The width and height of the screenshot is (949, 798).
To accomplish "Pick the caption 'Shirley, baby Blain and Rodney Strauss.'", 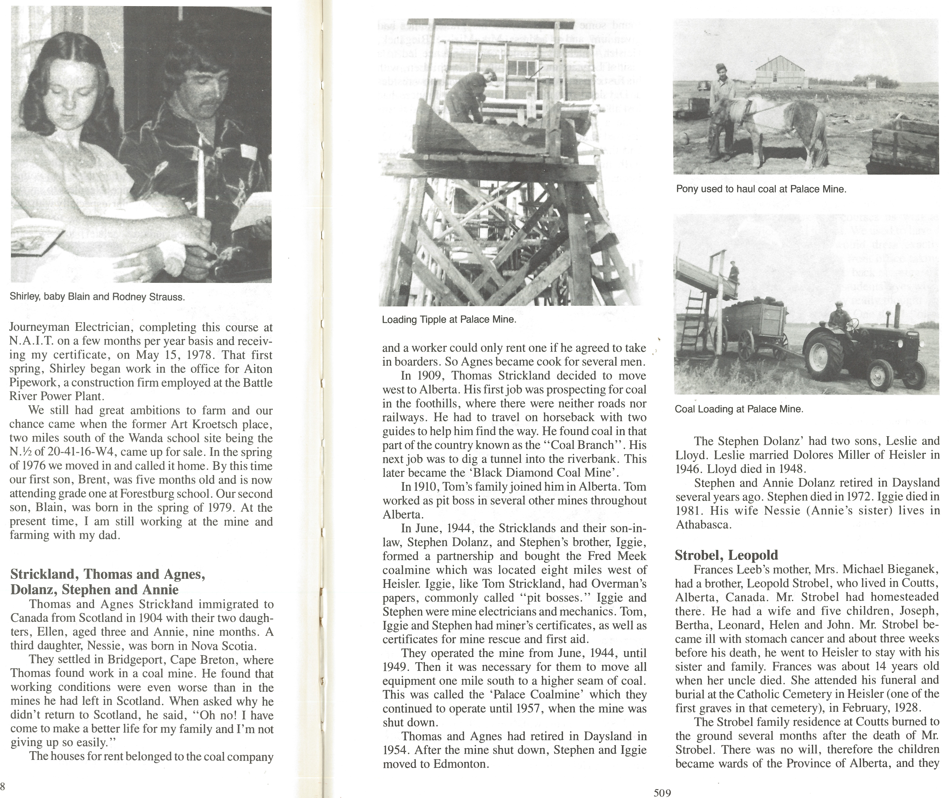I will [97, 297].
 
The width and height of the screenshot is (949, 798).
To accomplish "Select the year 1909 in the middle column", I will [427, 376].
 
